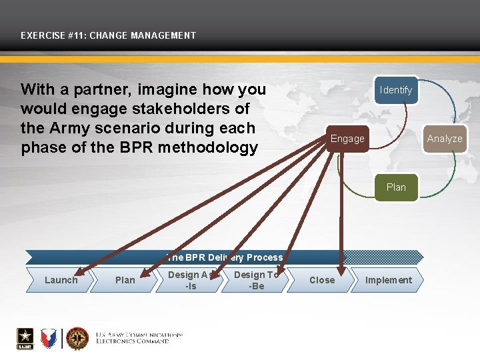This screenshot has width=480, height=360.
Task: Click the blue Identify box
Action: [395, 90]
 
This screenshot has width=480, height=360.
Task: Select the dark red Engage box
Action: [347, 139]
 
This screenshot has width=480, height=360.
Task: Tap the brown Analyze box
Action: [444, 139]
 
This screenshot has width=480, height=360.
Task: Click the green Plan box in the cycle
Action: [396, 187]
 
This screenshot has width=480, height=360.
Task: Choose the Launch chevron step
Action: [61, 280]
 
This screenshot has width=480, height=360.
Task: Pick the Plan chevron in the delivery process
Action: [125, 280]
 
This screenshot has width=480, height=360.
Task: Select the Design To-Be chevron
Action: [256, 280]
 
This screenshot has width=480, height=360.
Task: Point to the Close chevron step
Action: [322, 280]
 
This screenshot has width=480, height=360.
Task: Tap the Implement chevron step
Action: [388, 280]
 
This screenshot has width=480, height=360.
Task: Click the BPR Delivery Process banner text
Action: [225, 257]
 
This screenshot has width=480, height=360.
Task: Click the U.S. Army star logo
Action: [26, 338]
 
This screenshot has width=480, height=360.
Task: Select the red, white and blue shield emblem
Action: [50, 338]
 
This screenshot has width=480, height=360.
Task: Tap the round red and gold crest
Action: [77, 338]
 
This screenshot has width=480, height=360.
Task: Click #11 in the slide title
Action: [69, 35]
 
